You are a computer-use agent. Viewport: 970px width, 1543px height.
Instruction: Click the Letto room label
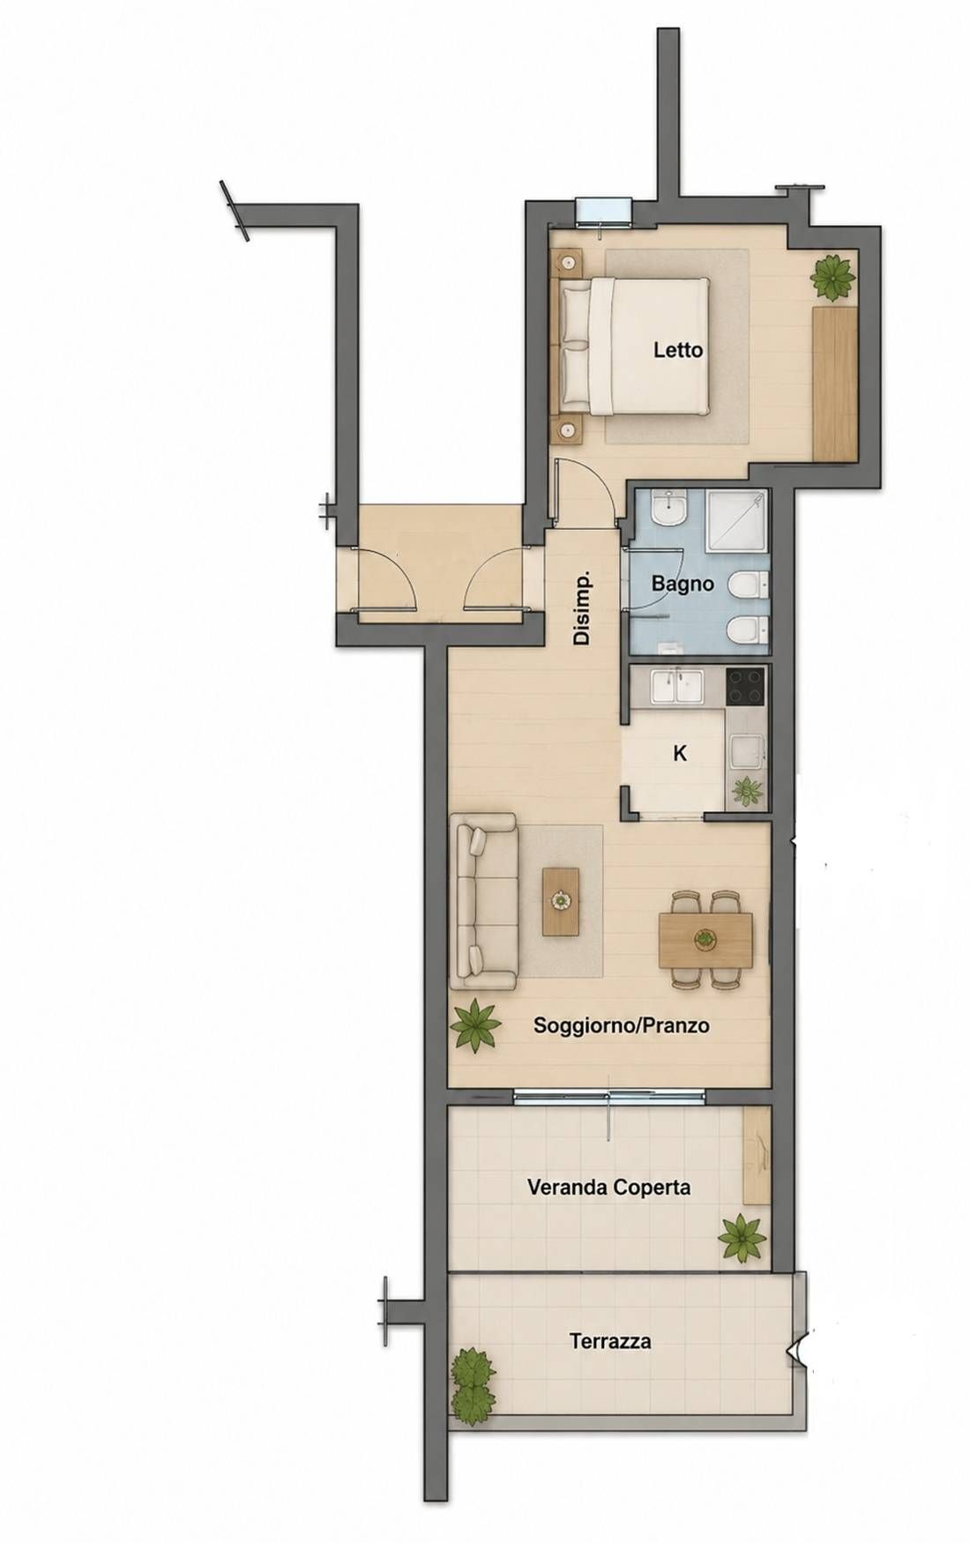pos(678,350)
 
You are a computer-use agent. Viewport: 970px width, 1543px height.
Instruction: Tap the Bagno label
pos(683,583)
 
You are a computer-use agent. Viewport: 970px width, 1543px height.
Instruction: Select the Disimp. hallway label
pos(581,609)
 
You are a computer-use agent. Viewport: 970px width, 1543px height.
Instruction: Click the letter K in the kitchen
pos(680,754)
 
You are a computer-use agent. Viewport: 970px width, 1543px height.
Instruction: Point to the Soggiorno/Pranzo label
pos(623,1025)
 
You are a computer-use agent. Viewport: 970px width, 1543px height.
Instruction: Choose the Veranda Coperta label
pos(608,1187)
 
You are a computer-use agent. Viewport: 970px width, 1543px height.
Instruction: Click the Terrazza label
pos(610,1342)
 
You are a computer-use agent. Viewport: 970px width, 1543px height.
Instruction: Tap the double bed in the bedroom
pos(635,347)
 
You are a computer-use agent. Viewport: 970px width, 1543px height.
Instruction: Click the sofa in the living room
pos(483,902)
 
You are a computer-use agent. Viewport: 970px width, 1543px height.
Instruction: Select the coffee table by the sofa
pos(561,900)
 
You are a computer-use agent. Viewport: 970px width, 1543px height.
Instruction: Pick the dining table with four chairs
pos(706,939)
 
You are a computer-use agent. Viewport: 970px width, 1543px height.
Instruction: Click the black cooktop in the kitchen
pos(746,687)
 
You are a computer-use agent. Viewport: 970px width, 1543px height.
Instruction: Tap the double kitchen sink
pos(675,688)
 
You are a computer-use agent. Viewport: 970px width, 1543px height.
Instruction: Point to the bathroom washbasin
pos(669,509)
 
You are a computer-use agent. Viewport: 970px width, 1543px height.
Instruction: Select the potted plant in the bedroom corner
pos(833,277)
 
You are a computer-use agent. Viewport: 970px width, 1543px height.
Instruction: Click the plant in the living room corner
pos(474,1025)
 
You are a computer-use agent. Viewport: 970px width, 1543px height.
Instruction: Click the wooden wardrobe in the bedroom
pos(835,382)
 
